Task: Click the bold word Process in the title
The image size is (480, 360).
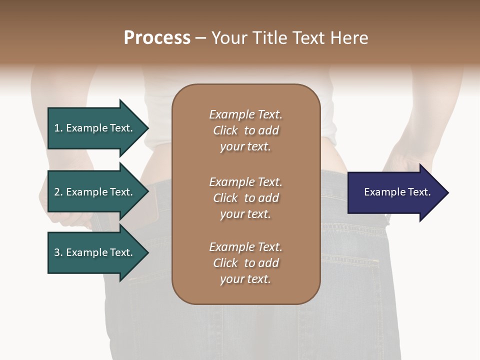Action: (x=157, y=38)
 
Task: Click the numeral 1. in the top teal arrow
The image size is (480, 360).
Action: (x=58, y=128)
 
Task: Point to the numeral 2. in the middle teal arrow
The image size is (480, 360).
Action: (x=58, y=192)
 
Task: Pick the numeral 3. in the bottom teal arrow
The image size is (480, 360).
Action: (x=58, y=252)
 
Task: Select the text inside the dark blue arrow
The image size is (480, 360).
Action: (x=397, y=192)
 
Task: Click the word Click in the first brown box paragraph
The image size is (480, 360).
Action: (x=225, y=130)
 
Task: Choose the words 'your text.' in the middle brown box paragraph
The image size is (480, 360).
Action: (x=245, y=214)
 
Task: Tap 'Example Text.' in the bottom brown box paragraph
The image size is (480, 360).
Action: (x=245, y=247)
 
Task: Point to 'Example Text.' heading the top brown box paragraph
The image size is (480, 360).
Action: (x=245, y=114)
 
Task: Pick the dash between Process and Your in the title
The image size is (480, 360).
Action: (x=200, y=38)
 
